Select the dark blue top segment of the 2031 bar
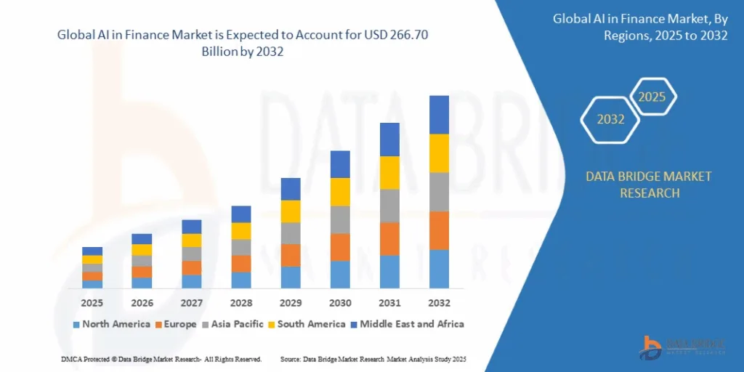click(389, 139)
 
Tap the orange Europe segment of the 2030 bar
click(340, 248)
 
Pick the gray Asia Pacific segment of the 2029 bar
click(291, 233)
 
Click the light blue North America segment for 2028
click(241, 280)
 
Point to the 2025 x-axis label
click(92, 302)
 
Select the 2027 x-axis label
click(192, 302)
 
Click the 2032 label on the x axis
click(439, 302)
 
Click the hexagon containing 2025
click(652, 97)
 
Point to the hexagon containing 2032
click(610, 119)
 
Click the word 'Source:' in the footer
click(291, 360)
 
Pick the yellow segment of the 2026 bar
click(142, 250)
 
